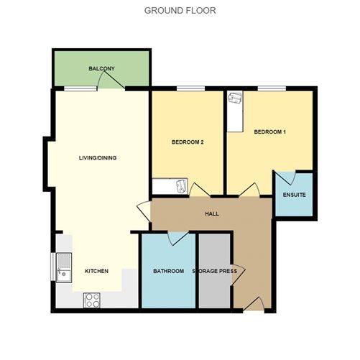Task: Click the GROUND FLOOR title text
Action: pyautogui.click(x=180, y=10)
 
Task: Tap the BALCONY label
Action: pyautogui.click(x=102, y=68)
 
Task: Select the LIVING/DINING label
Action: pyautogui.click(x=98, y=158)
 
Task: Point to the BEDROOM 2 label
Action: pyautogui.click(x=188, y=142)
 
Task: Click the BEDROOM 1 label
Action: pyautogui.click(x=270, y=131)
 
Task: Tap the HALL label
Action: pyautogui.click(x=211, y=213)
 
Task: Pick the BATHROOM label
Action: pyautogui.click(x=167, y=272)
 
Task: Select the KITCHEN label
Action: pyautogui.click(x=97, y=271)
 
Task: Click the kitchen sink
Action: pyautogui.click(x=61, y=268)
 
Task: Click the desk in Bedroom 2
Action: pyautogui.click(x=172, y=188)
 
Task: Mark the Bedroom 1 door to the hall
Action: pyautogui.click(x=249, y=190)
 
